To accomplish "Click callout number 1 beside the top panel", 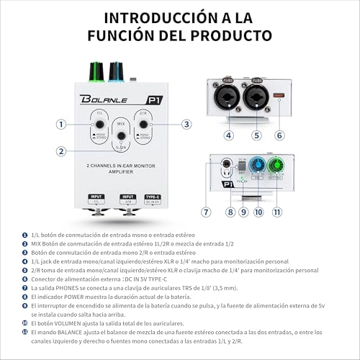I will point(61,124).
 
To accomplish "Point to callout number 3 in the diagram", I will point(186,124).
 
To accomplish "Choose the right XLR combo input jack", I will point(258,94).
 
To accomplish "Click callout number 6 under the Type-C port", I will point(280,135).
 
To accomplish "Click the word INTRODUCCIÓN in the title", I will point(146,16).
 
